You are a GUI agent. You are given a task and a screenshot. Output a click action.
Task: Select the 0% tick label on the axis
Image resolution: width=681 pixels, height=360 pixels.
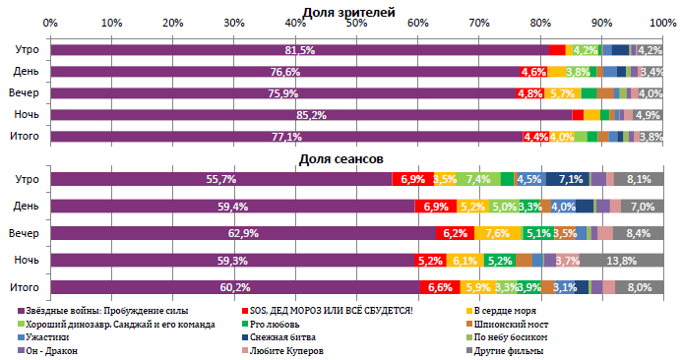[x=50, y=22]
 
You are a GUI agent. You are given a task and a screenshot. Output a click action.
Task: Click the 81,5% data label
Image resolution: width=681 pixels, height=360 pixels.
[x=299, y=50]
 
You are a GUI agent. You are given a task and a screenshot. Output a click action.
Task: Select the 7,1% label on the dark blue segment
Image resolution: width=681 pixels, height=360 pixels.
[x=572, y=179]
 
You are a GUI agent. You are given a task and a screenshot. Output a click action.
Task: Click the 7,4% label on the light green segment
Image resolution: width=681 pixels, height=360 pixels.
[x=479, y=179]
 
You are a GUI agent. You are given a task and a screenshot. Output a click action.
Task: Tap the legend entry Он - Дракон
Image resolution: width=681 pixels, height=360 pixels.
[x=58, y=350]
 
